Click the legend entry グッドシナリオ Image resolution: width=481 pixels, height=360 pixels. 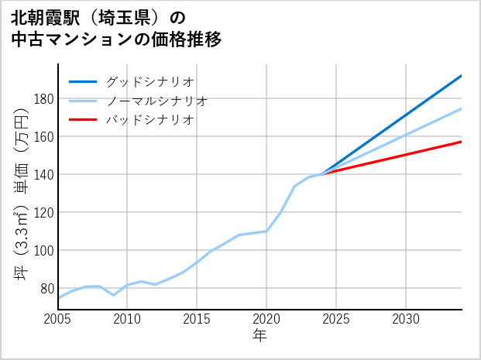[149, 81]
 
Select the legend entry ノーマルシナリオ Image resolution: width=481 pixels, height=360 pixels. [156, 101]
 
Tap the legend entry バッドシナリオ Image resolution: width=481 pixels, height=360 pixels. [149, 120]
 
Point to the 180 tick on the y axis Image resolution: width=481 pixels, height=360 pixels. [43, 99]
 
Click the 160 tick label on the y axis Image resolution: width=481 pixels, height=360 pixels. [43, 137]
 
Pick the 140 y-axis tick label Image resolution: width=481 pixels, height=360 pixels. [43, 175]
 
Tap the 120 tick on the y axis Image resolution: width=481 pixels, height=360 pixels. [43, 213]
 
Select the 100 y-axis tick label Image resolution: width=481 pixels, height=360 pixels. [43, 251]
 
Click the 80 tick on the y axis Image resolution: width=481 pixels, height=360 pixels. [46, 289]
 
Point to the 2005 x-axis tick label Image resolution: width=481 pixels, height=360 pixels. [58, 319]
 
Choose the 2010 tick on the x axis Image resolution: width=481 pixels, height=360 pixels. [128, 319]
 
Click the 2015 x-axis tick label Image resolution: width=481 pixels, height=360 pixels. [197, 319]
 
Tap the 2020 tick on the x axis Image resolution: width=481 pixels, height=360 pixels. [266, 319]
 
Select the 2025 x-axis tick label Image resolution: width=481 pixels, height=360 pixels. [336, 319]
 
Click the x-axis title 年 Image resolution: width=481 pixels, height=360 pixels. [259, 336]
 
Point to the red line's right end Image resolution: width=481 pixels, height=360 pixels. [462, 142]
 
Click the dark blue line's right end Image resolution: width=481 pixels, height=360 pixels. [462, 76]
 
